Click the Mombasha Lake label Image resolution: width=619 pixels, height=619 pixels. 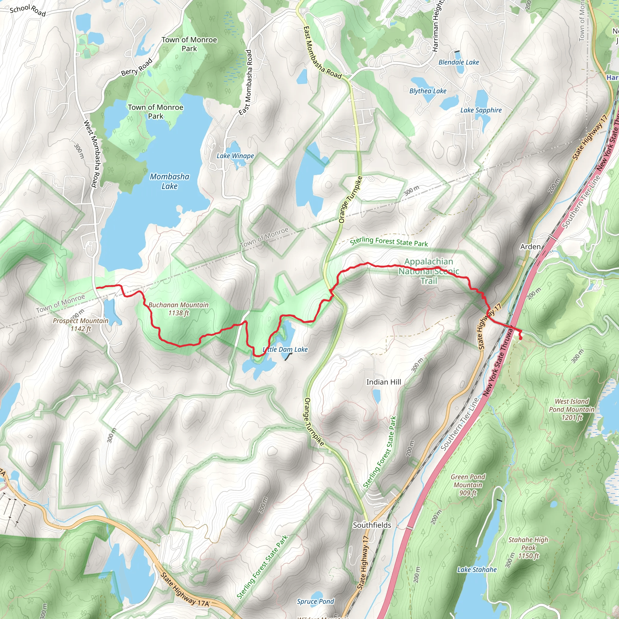[170, 181]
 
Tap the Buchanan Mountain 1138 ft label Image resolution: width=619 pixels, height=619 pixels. [178, 309]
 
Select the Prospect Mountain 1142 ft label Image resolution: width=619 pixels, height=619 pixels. [81, 325]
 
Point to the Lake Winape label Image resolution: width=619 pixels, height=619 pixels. [235, 156]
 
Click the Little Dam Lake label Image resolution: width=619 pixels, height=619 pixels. [285, 350]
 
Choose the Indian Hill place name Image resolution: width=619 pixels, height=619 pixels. [384, 382]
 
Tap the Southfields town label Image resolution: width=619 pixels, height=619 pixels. [372, 525]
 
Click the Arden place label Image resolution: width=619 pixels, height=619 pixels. [530, 247]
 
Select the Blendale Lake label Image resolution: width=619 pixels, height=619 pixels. [459, 63]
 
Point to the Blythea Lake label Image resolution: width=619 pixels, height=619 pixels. [428, 91]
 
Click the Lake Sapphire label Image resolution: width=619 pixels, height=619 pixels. [481, 110]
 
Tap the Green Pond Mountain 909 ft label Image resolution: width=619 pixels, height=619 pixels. [468, 485]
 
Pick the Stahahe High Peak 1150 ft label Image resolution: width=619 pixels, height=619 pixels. [528, 548]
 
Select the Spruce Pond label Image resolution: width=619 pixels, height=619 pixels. [315, 601]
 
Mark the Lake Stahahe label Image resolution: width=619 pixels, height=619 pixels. [477, 569]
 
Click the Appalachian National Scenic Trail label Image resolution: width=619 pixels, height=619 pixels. [429, 271]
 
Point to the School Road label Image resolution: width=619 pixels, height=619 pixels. [28, 10]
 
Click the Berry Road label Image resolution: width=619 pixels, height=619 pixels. [137, 67]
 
